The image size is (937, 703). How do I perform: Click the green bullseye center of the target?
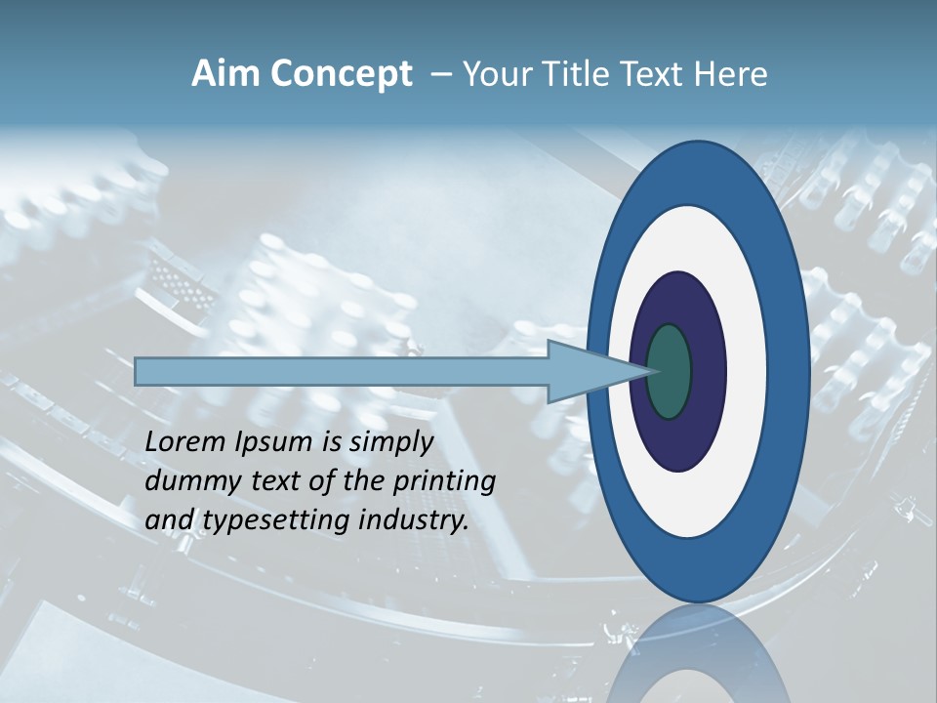[670, 371]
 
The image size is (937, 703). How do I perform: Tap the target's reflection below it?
[699, 659]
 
